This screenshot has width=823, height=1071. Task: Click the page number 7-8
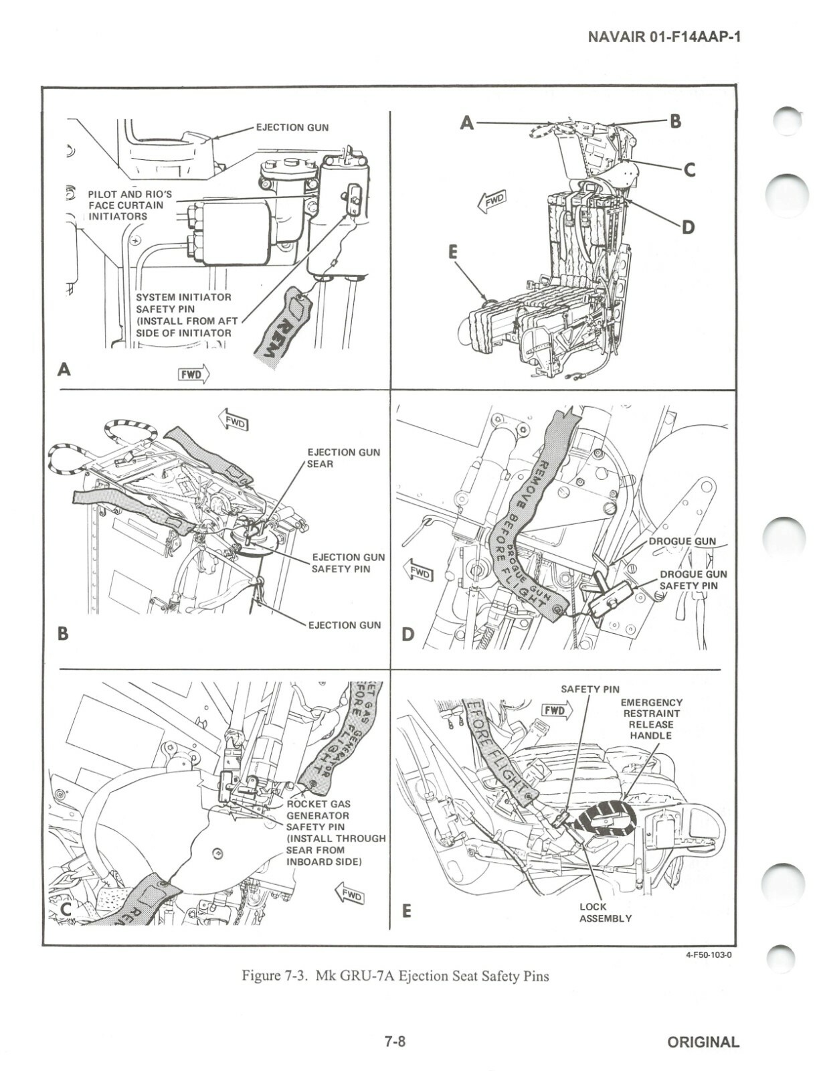click(x=395, y=1042)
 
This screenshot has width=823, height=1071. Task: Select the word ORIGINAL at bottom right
click(x=703, y=1042)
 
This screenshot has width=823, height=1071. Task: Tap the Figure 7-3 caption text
click(x=395, y=976)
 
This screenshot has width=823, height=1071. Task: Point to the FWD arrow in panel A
click(x=193, y=374)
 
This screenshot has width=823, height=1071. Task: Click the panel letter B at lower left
click(x=63, y=633)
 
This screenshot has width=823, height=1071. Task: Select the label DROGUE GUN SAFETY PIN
click(x=693, y=580)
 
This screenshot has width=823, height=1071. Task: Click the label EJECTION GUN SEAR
click(x=343, y=458)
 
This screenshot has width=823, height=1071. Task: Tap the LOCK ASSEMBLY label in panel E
click(x=605, y=912)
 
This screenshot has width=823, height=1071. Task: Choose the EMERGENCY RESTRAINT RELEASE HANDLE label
click(x=651, y=719)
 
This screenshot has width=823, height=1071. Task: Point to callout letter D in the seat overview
click(x=687, y=228)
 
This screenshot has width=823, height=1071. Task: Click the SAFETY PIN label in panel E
click(x=589, y=689)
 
